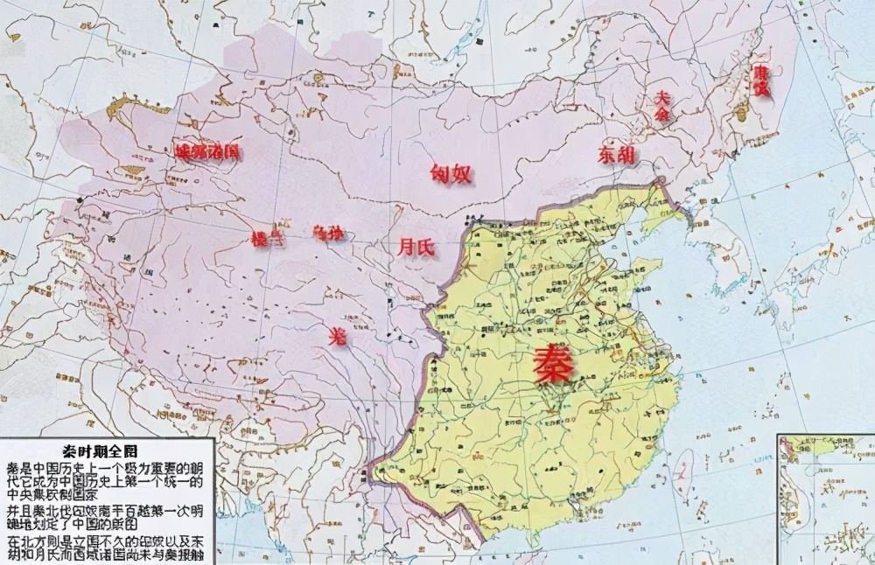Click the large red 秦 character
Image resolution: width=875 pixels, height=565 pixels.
pyautogui.click(x=555, y=365)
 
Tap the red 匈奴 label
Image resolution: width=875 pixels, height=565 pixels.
pyautogui.click(x=451, y=173)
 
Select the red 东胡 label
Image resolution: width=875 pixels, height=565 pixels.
pyautogui.click(x=617, y=155)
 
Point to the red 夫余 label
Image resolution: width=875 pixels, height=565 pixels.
pyautogui.click(x=661, y=106)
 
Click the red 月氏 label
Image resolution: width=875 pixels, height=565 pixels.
pyautogui.click(x=416, y=248)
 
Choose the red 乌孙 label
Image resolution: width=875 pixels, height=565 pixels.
pyautogui.click(x=328, y=233)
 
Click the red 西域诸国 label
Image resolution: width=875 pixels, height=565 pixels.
pyautogui.click(x=207, y=151)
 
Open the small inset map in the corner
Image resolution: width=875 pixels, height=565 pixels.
pyautogui.click(x=826, y=499)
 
